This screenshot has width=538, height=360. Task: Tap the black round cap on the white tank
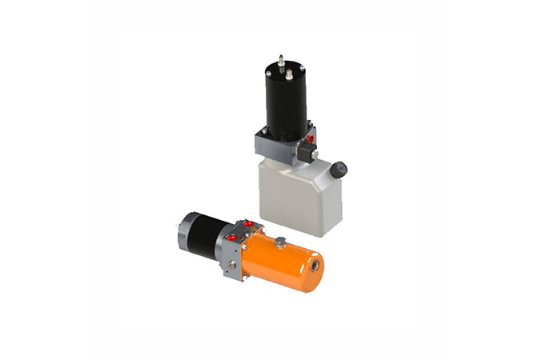339,169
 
